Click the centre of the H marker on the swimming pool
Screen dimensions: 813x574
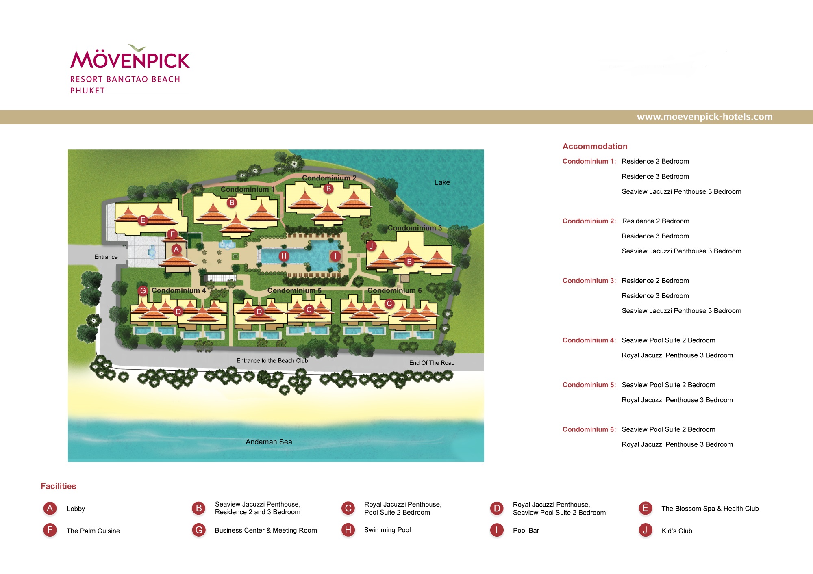(x=284, y=256)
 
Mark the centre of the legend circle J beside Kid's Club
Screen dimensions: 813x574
(x=645, y=530)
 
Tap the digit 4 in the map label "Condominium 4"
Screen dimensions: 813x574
(x=204, y=291)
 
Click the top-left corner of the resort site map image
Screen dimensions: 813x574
(x=68, y=150)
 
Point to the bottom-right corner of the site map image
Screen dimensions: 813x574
(x=484, y=462)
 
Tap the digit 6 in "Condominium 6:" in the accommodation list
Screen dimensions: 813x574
(x=611, y=429)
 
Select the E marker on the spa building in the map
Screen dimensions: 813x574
(x=142, y=221)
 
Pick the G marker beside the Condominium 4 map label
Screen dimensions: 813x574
(x=143, y=291)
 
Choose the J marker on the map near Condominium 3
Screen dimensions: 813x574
(x=371, y=246)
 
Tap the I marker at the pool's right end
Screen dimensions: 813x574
(x=335, y=256)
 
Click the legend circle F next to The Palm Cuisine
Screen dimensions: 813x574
(x=50, y=530)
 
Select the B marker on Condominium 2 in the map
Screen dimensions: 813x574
(x=328, y=188)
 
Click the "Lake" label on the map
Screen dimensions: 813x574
(x=442, y=182)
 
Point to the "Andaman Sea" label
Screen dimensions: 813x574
(x=269, y=442)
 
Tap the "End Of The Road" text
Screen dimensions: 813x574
(x=432, y=363)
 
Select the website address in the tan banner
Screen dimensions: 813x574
(x=704, y=117)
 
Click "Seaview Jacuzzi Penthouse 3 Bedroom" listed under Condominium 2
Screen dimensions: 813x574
(x=681, y=251)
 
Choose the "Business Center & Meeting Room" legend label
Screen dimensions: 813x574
(x=266, y=530)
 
